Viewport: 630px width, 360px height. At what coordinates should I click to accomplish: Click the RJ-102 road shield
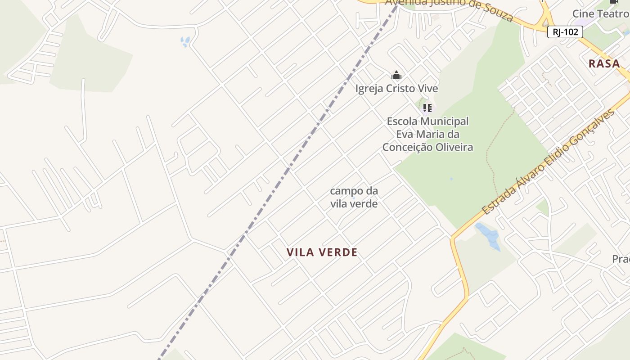(565, 32)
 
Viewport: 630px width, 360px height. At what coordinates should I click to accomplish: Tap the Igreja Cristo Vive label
(396, 89)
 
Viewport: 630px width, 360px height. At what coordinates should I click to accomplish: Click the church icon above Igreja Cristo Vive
(396, 75)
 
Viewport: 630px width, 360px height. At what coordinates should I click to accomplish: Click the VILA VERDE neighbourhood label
(322, 252)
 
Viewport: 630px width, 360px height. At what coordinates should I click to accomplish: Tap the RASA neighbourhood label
(604, 63)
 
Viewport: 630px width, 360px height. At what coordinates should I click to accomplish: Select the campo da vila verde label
(354, 197)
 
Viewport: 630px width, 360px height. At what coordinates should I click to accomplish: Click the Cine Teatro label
(601, 13)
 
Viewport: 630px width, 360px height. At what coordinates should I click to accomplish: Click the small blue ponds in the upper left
(184, 42)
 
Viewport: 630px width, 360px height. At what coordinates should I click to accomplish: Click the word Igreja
(369, 89)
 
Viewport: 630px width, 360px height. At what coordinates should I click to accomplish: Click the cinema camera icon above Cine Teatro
(613, 2)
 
